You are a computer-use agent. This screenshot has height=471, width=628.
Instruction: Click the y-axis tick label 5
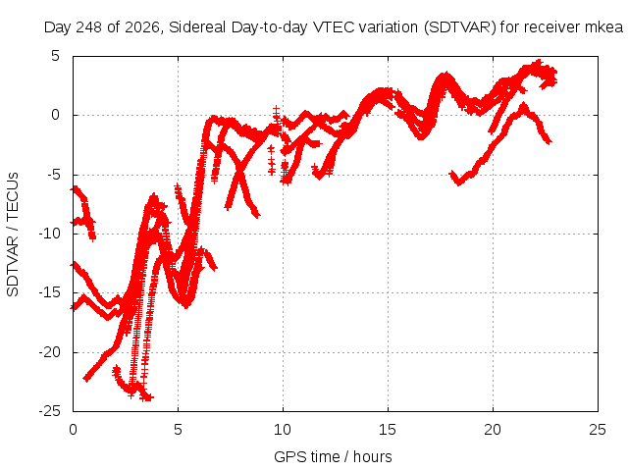pos(55,56)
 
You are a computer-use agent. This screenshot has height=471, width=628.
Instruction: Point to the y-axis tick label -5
pos(52,175)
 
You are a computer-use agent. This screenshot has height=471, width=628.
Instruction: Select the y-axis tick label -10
pos(49,234)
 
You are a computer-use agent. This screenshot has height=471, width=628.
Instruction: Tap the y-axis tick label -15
pos(49,292)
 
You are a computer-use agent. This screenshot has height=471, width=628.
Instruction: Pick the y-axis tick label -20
pos(49,352)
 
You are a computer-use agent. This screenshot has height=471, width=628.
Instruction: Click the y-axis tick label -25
pos(49,411)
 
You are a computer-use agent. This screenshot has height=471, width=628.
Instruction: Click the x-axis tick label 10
pos(283,430)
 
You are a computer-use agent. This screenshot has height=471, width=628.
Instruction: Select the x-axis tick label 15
pos(388,430)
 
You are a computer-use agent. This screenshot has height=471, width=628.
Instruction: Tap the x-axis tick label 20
pos(493,430)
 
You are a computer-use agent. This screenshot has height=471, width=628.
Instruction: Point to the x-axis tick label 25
pos(598,430)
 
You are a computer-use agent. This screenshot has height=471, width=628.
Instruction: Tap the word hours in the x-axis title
pos(373,456)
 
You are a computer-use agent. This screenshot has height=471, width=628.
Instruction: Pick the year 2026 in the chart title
pos(142,27)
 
